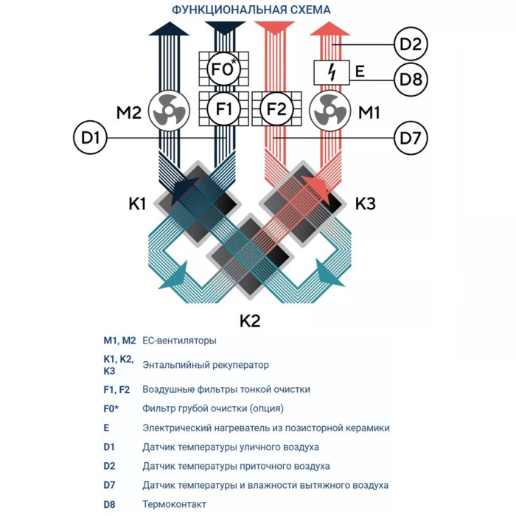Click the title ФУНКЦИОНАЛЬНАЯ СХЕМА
tap(251, 10)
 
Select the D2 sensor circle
tap(411, 44)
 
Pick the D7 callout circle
tap(411, 136)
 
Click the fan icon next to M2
tap(170, 112)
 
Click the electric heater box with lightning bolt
tap(331, 72)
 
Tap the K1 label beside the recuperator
tap(138, 204)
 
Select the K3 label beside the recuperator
tap(366, 204)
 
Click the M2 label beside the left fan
tap(128, 113)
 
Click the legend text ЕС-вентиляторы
tap(179, 341)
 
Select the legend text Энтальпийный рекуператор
tap(205, 365)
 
